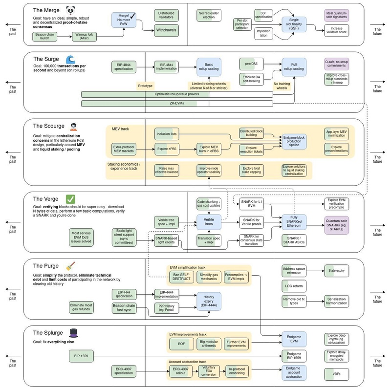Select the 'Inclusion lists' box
pos(166,134)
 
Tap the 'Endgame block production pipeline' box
pos(294,141)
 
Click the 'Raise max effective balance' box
pos(166,170)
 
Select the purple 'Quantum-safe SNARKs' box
pos(337,225)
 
